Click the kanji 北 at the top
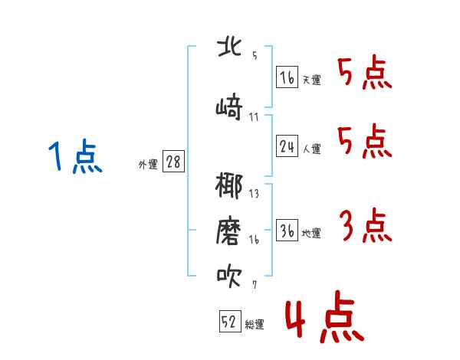tap(229, 47)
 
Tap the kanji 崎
tap(229, 106)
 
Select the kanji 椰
tap(228, 185)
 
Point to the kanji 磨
tap(228, 231)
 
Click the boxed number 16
tap(287, 77)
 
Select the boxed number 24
tap(287, 146)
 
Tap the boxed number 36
tap(287, 230)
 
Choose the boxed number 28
tap(173, 162)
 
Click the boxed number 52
tap(230, 321)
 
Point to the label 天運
tap(311, 80)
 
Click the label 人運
tap(311, 149)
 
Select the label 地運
tap(311, 234)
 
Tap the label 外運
tap(148, 165)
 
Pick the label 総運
tap(255, 325)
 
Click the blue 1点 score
tap(75, 156)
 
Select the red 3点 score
tap(366, 225)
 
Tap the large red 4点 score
tap(324, 316)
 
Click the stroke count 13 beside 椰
tap(254, 194)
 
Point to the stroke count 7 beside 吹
tap(255, 285)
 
